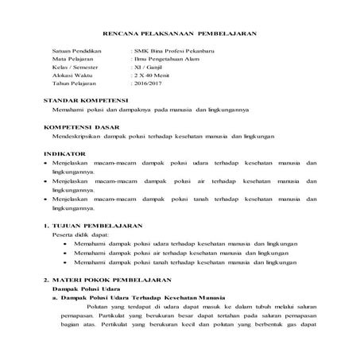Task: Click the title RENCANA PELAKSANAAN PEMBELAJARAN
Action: pyautogui.click(x=180, y=33)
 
